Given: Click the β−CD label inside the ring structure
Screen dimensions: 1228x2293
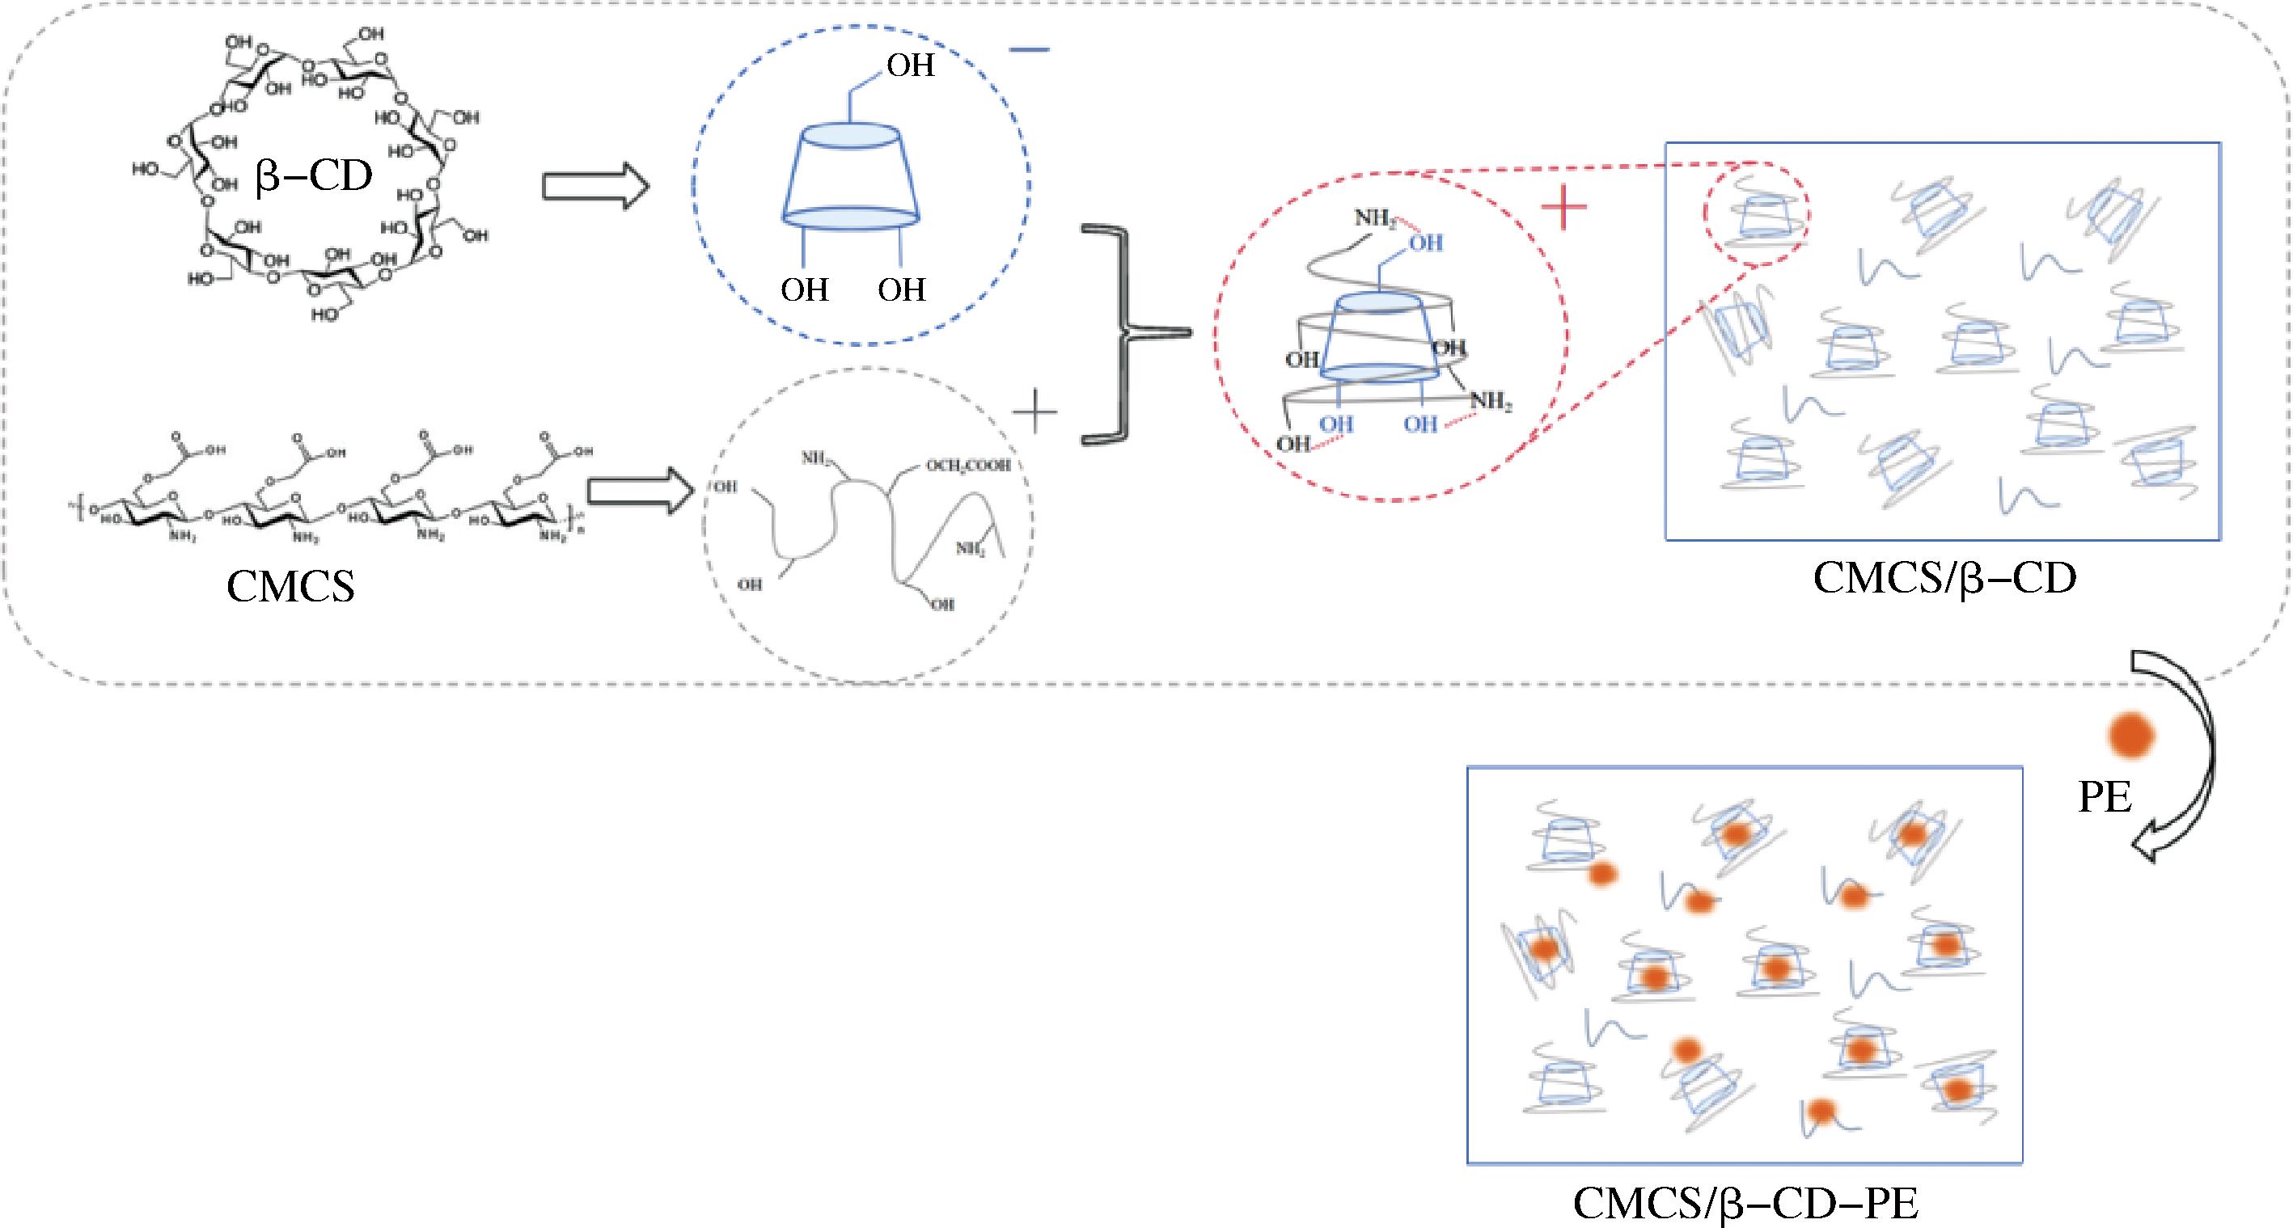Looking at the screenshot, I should [313, 176].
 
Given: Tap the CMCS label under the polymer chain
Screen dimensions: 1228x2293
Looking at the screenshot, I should [290, 586].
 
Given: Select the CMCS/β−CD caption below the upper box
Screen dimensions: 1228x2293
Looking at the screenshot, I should [1944, 577].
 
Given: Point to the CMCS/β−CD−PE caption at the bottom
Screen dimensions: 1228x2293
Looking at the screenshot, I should [1745, 1203].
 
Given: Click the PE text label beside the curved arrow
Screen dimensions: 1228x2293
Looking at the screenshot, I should [2105, 797].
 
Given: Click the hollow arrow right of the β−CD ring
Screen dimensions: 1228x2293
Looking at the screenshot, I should [595, 186].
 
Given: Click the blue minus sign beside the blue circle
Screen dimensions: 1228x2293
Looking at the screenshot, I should [1030, 51].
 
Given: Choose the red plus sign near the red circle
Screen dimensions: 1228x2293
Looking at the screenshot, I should [1564, 209].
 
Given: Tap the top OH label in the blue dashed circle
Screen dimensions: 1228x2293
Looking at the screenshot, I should [910, 65].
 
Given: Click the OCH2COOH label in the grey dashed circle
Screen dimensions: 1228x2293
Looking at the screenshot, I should [967, 466].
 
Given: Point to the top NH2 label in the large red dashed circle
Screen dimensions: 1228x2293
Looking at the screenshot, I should [1375, 217].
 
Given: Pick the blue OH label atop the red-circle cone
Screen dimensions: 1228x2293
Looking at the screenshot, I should [1426, 243].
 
